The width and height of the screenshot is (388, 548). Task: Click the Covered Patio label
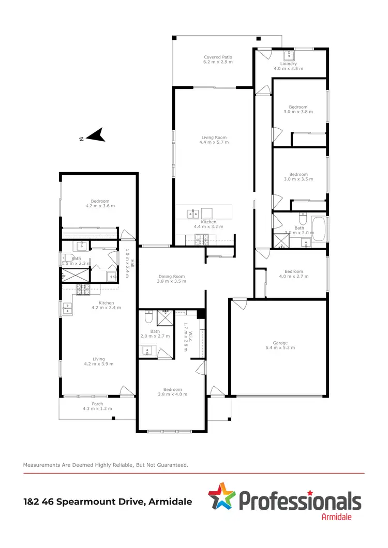click(218, 57)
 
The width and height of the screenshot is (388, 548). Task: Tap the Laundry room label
click(288, 64)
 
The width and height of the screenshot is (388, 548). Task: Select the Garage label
click(280, 343)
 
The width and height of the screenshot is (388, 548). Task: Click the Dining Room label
click(172, 277)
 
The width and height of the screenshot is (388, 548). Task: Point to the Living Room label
click(214, 138)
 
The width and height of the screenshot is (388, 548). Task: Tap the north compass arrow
click(95, 135)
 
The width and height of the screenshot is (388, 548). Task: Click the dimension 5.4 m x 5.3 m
click(280, 348)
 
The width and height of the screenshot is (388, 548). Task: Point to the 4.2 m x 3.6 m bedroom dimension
click(100, 206)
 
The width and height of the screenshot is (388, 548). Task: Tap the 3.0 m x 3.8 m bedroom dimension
click(299, 112)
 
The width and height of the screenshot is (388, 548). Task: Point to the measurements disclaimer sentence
click(106, 465)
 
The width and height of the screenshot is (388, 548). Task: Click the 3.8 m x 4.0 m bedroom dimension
click(172, 394)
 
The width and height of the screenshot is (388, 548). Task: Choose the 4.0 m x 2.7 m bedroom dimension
click(293, 277)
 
